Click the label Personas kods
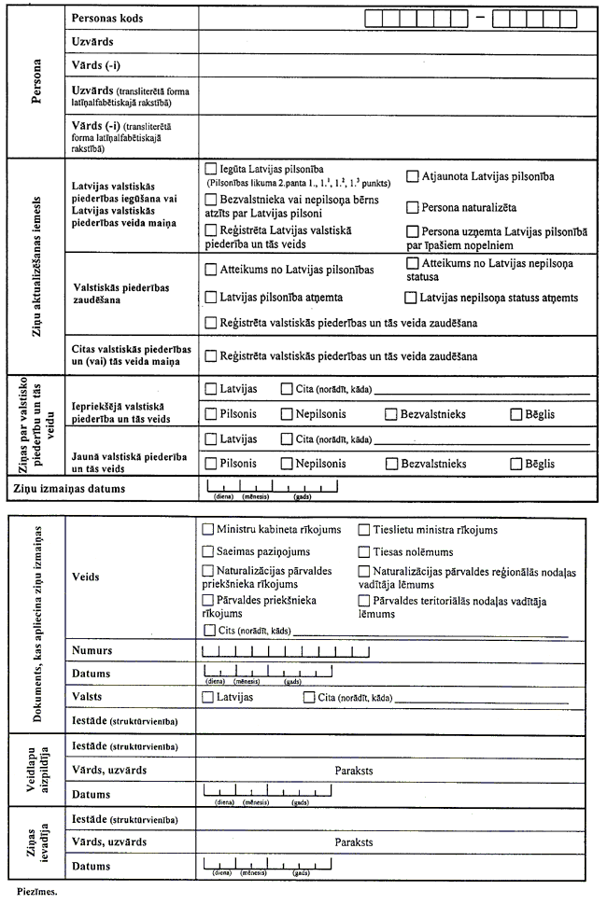111,19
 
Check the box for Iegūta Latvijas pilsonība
209,170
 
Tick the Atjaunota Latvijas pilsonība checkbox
412,175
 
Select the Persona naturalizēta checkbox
412,207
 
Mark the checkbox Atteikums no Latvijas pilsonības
209,270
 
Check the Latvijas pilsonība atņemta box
209,298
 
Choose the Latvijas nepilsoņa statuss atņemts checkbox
411,298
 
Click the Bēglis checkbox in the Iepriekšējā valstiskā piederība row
516,413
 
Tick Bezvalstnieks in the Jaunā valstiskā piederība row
391,463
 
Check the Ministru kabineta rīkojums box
208,529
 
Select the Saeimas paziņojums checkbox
208,552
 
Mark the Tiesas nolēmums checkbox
364,552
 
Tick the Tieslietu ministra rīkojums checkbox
364,529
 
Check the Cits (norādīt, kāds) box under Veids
208,632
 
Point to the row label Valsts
88,697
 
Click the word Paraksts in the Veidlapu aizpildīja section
354,771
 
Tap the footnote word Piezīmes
36,892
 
